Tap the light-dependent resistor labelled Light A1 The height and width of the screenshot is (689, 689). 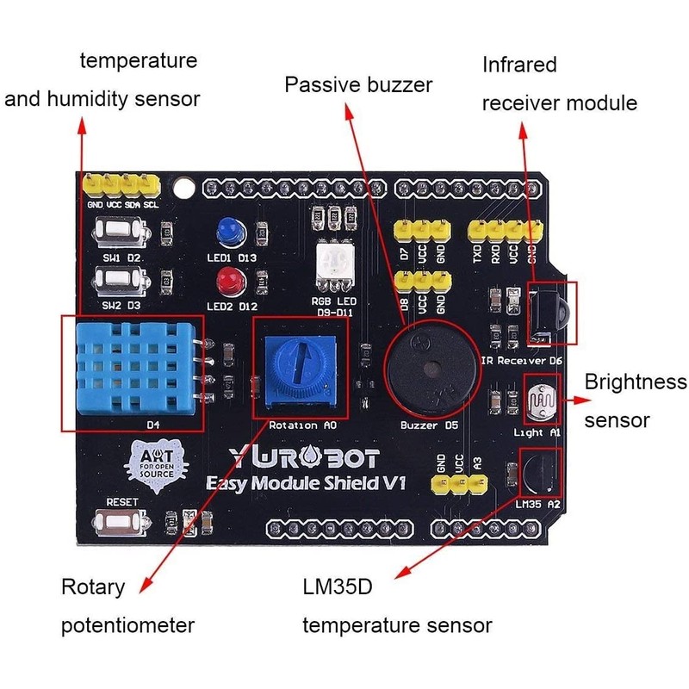540,402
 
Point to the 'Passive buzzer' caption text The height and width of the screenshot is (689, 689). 358,85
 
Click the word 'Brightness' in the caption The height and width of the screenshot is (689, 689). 636,382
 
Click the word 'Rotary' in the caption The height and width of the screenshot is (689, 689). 92,587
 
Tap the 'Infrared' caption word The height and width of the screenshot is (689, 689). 519,65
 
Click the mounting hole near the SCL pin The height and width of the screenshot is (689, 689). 182,183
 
